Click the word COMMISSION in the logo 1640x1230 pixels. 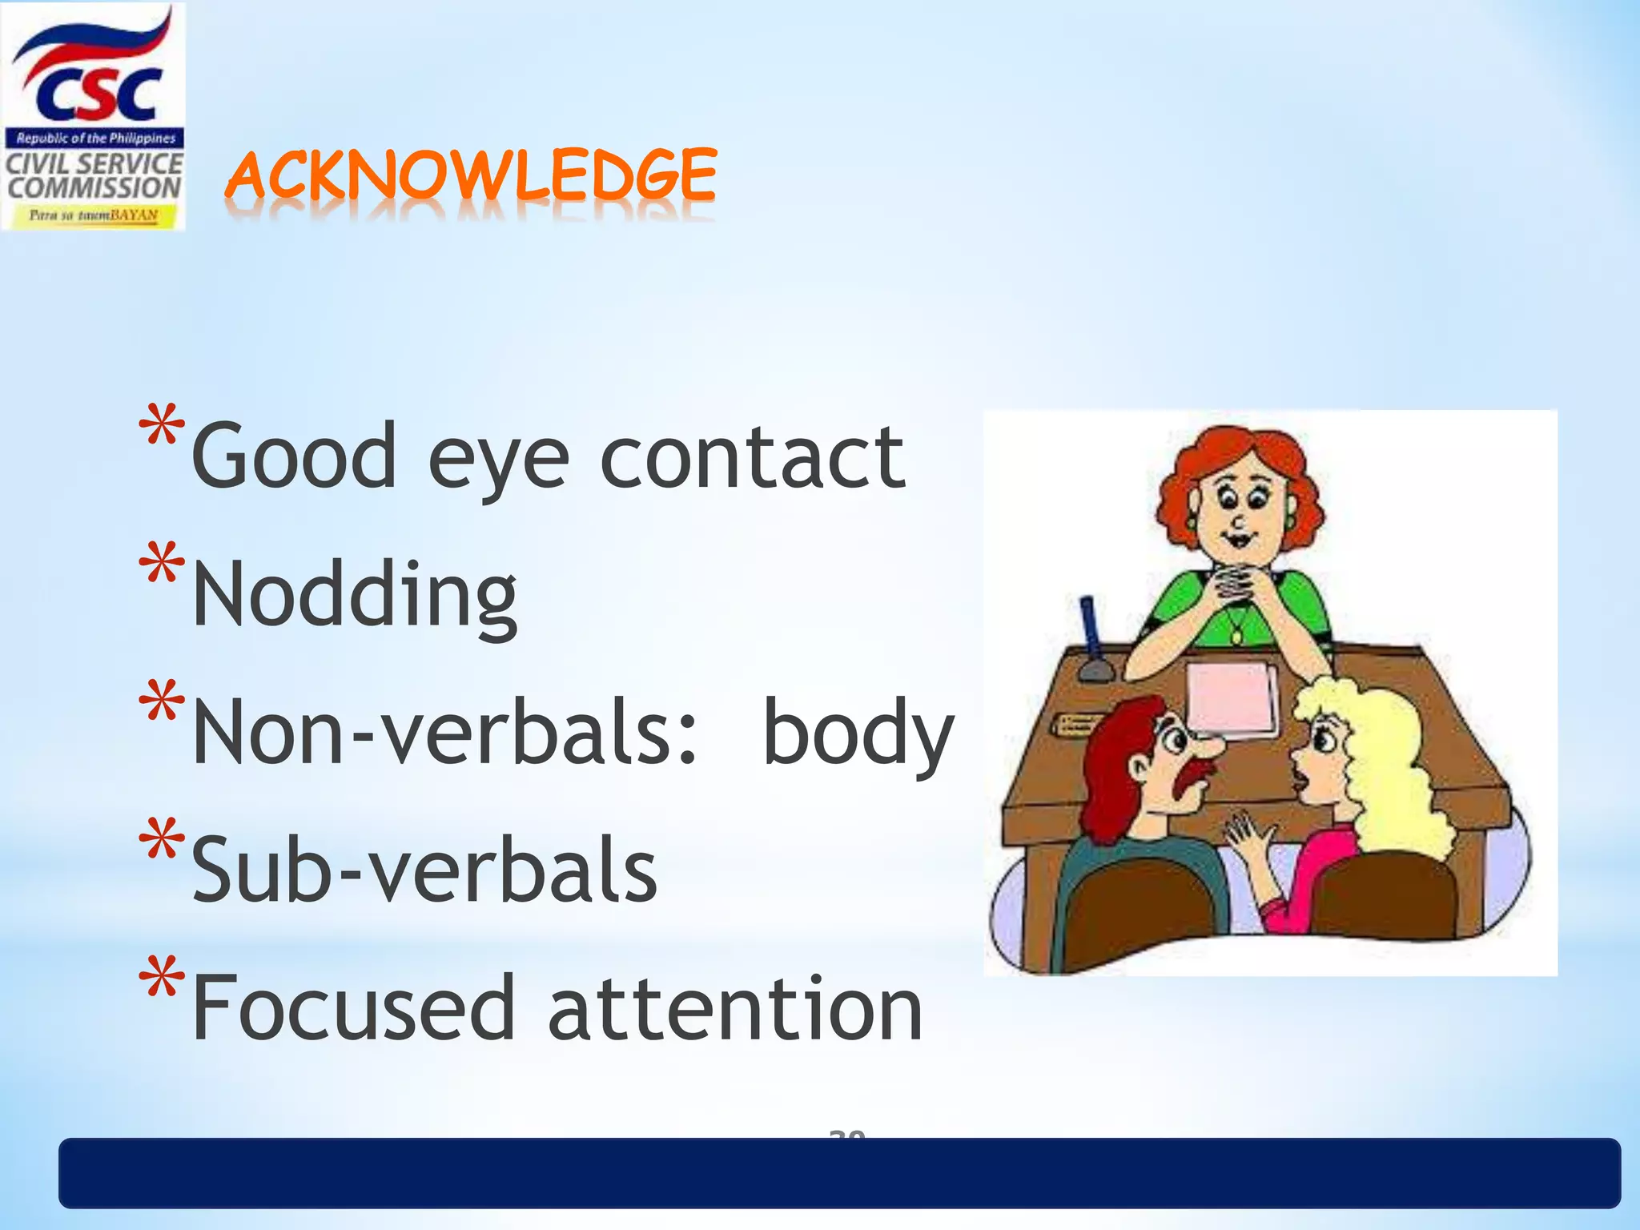(x=94, y=189)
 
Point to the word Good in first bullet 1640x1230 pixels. (x=294, y=456)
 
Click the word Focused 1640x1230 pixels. (x=353, y=1008)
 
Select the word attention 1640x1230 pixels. (x=735, y=1008)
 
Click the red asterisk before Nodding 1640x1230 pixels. (x=162, y=564)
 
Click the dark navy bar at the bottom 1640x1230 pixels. (x=839, y=1173)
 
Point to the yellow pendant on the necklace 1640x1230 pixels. (x=1236, y=637)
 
